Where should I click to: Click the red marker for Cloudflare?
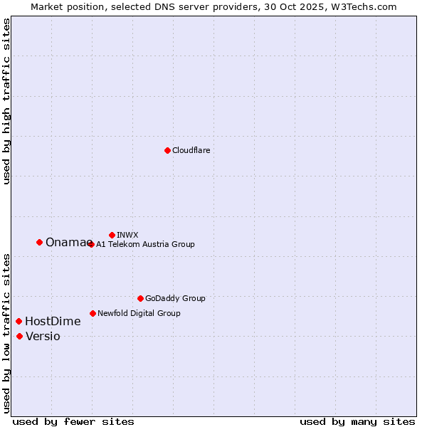(167, 150)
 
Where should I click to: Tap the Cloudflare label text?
(191, 150)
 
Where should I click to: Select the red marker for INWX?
(112, 235)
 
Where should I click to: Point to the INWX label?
(127, 235)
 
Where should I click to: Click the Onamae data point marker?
(39, 242)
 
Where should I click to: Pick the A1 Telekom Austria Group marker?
(91, 244)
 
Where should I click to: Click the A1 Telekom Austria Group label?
(145, 244)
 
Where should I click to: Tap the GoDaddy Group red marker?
(140, 298)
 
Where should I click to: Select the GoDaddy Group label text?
(175, 298)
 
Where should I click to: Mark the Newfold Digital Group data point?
(93, 313)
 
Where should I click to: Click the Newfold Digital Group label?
(139, 313)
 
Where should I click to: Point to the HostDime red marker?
(19, 321)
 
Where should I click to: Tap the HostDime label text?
(53, 322)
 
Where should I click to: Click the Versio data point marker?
(19, 336)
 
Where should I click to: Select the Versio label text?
(43, 337)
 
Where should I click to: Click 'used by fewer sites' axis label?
(73, 421)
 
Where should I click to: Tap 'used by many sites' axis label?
(357, 421)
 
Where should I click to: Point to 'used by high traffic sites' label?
(6, 101)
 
